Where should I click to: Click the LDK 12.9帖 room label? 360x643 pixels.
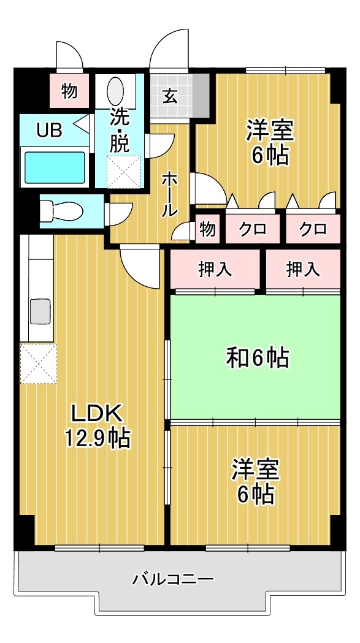click(98, 425)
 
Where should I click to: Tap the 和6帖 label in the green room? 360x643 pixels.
click(258, 357)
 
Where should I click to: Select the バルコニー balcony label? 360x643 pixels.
click(174, 578)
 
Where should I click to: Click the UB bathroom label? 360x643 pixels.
click(48, 131)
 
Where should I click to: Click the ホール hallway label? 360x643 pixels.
click(169, 194)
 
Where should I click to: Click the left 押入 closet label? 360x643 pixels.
click(215, 269)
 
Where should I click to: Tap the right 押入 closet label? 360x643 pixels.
click(303, 269)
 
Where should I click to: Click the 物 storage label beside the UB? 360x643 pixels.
click(69, 91)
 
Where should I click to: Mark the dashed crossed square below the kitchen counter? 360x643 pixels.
click(38, 363)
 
